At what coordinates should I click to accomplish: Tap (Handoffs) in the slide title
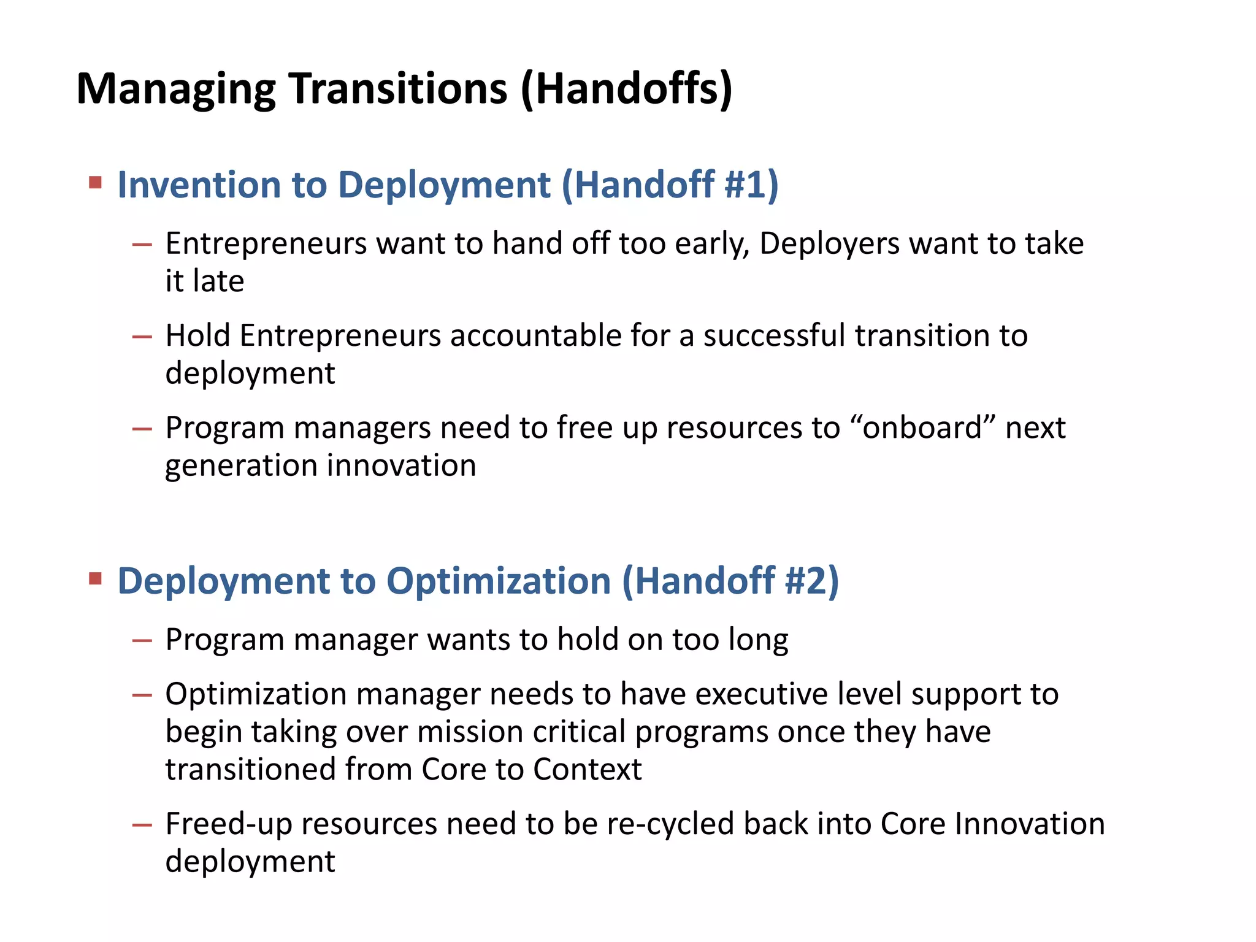[626, 89]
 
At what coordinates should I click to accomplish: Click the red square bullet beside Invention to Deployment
[95, 182]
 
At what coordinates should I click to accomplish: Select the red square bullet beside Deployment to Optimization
[95, 578]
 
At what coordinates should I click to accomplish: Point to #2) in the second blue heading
[811, 581]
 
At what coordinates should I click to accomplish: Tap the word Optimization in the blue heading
[499, 581]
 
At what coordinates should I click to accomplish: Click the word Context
[587, 770]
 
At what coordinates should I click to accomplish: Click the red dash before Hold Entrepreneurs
[142, 337]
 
